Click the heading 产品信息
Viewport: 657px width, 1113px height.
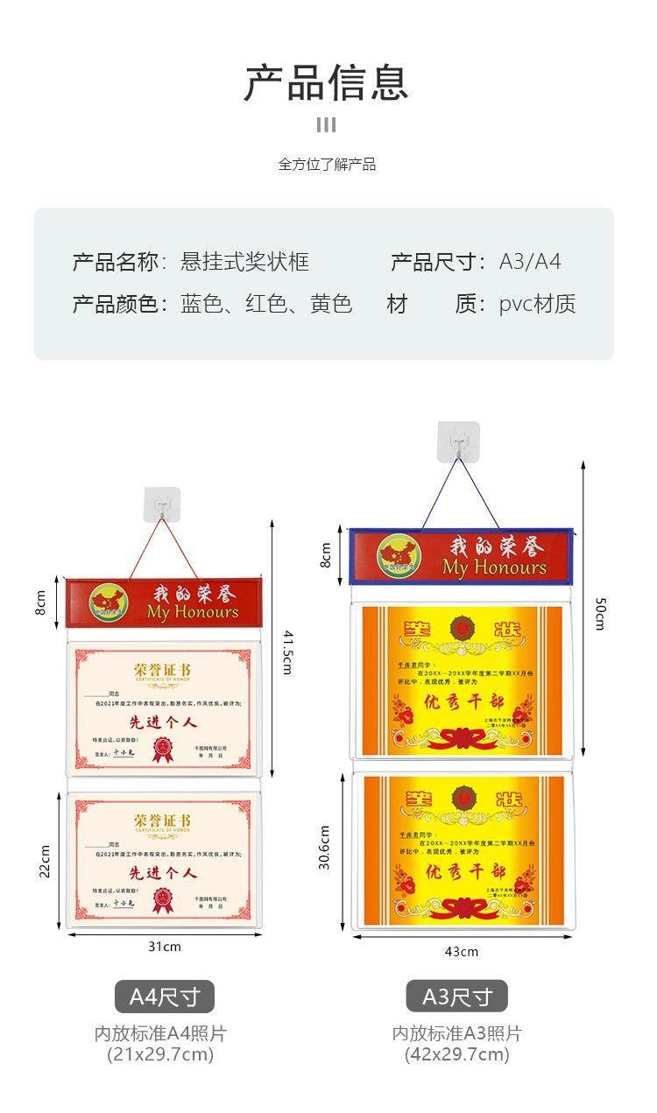point(326,83)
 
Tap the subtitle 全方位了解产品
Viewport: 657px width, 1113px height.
point(327,164)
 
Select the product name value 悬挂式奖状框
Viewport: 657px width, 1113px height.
point(244,262)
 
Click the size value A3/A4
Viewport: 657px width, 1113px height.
point(530,262)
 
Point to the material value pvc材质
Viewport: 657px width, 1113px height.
point(537,304)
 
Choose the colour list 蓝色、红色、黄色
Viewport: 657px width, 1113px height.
point(266,304)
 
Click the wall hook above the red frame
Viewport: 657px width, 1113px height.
point(162,505)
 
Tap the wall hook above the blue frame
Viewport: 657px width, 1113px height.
point(458,441)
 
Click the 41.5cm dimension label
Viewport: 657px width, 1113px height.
point(286,652)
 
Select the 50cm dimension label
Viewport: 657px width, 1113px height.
point(600,613)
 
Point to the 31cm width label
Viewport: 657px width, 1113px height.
point(165,947)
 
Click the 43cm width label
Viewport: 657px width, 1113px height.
point(462,952)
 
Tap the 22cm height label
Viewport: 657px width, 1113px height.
point(45,861)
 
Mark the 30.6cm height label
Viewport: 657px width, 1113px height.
point(324,848)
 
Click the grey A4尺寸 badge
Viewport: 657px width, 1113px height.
point(165,997)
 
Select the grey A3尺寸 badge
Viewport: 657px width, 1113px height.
point(456,997)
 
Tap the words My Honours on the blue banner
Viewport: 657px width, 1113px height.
point(494,567)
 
